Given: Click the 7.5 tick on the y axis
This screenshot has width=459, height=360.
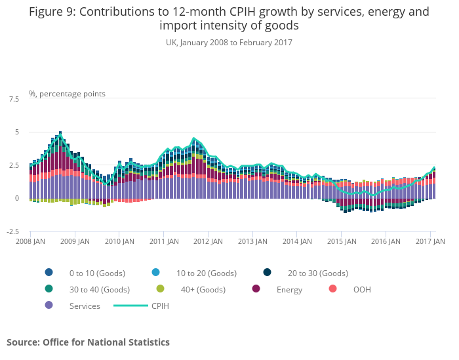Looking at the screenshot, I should point(14,99).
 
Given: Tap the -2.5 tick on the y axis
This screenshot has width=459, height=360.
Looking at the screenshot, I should point(12,231).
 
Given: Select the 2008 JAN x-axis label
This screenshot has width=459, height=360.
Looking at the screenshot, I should point(30,241).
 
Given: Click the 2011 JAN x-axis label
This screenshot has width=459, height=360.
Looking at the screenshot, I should point(164,241).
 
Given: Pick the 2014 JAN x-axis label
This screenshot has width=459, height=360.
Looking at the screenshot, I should point(298,241).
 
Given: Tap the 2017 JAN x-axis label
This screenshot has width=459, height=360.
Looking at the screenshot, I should point(431,241).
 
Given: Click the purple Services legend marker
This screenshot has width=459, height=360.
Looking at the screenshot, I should point(49,306).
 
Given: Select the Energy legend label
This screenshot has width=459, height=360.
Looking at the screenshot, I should point(289,289).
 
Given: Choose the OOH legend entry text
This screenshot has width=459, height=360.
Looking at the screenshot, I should point(362,289).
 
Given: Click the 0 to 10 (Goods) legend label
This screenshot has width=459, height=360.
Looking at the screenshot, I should point(97,273).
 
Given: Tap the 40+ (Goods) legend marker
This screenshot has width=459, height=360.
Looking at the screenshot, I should point(160,289).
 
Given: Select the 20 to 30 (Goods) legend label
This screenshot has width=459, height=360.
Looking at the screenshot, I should point(318,273).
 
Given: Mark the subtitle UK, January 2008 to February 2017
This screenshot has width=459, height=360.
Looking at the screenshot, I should point(229,43).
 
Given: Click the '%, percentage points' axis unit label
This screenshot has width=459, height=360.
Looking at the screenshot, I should point(67,94).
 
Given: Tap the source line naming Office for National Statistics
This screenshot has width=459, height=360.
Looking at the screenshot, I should point(88,342).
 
